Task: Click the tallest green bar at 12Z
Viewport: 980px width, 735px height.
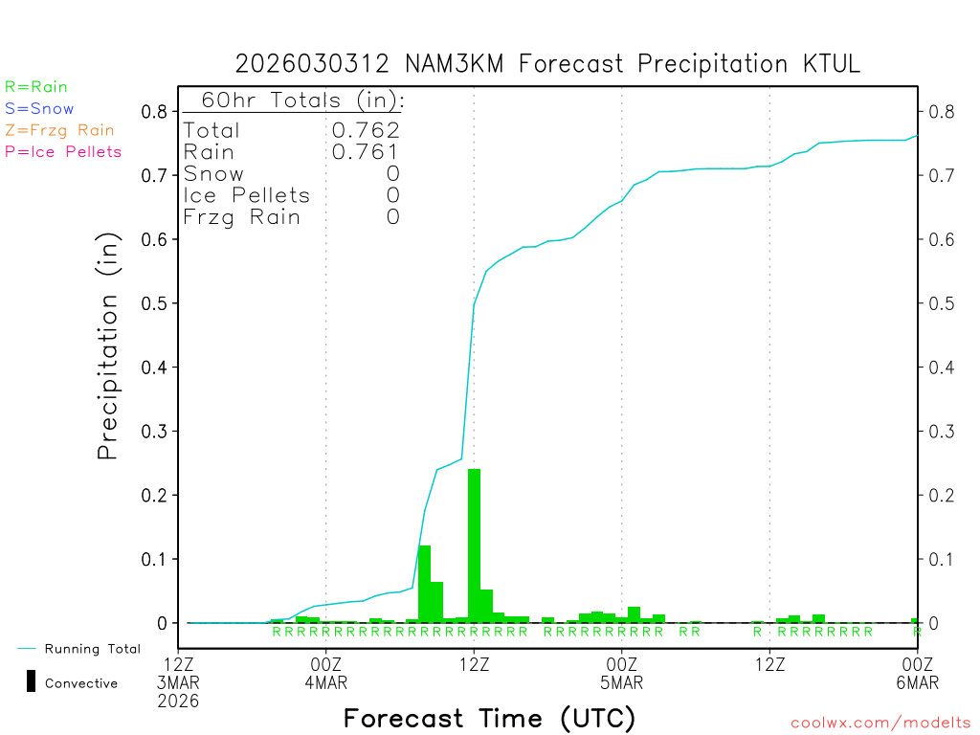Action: (474, 546)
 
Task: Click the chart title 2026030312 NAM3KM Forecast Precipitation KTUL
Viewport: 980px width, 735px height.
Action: (547, 64)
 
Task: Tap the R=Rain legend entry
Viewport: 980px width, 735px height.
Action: (36, 87)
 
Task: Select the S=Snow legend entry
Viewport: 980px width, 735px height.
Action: (39, 109)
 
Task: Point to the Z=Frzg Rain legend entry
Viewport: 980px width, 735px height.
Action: (59, 130)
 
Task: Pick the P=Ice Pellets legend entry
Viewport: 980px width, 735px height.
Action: (63, 151)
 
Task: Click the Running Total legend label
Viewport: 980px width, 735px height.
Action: (92, 649)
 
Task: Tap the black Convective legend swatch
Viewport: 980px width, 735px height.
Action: (31, 681)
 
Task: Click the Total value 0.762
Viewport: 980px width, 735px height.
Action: (366, 130)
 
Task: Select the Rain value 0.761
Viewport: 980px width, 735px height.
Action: (366, 151)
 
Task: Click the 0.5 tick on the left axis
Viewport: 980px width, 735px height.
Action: (155, 303)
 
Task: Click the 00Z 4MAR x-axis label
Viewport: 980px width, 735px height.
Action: (326, 673)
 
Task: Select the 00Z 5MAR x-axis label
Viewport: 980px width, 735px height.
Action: (622, 673)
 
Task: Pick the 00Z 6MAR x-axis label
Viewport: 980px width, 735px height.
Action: (917, 673)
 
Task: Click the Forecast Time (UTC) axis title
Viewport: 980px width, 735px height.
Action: (489, 718)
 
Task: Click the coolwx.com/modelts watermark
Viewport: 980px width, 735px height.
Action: (880, 724)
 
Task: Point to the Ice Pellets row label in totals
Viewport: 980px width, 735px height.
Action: (247, 195)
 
